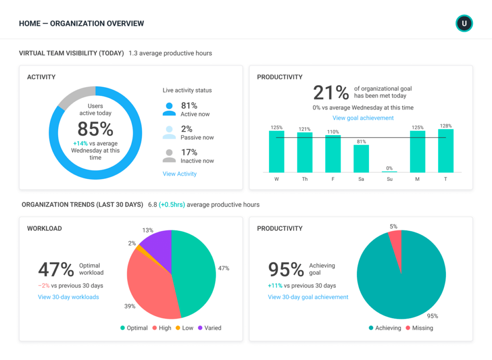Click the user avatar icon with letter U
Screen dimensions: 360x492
point(464,24)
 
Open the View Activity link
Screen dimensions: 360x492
point(179,174)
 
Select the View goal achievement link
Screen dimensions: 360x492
point(363,118)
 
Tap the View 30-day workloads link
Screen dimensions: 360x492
point(68,297)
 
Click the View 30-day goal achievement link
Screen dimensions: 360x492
point(308,297)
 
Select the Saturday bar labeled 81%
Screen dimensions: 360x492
point(361,158)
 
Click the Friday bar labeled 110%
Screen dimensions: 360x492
point(333,153)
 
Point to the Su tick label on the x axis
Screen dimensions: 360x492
point(389,179)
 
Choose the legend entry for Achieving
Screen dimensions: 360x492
point(384,328)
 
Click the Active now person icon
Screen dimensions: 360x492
point(169,109)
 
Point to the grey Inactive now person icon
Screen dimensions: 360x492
point(169,156)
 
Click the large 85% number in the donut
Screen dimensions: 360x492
point(95,129)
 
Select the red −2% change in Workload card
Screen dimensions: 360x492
point(44,286)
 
